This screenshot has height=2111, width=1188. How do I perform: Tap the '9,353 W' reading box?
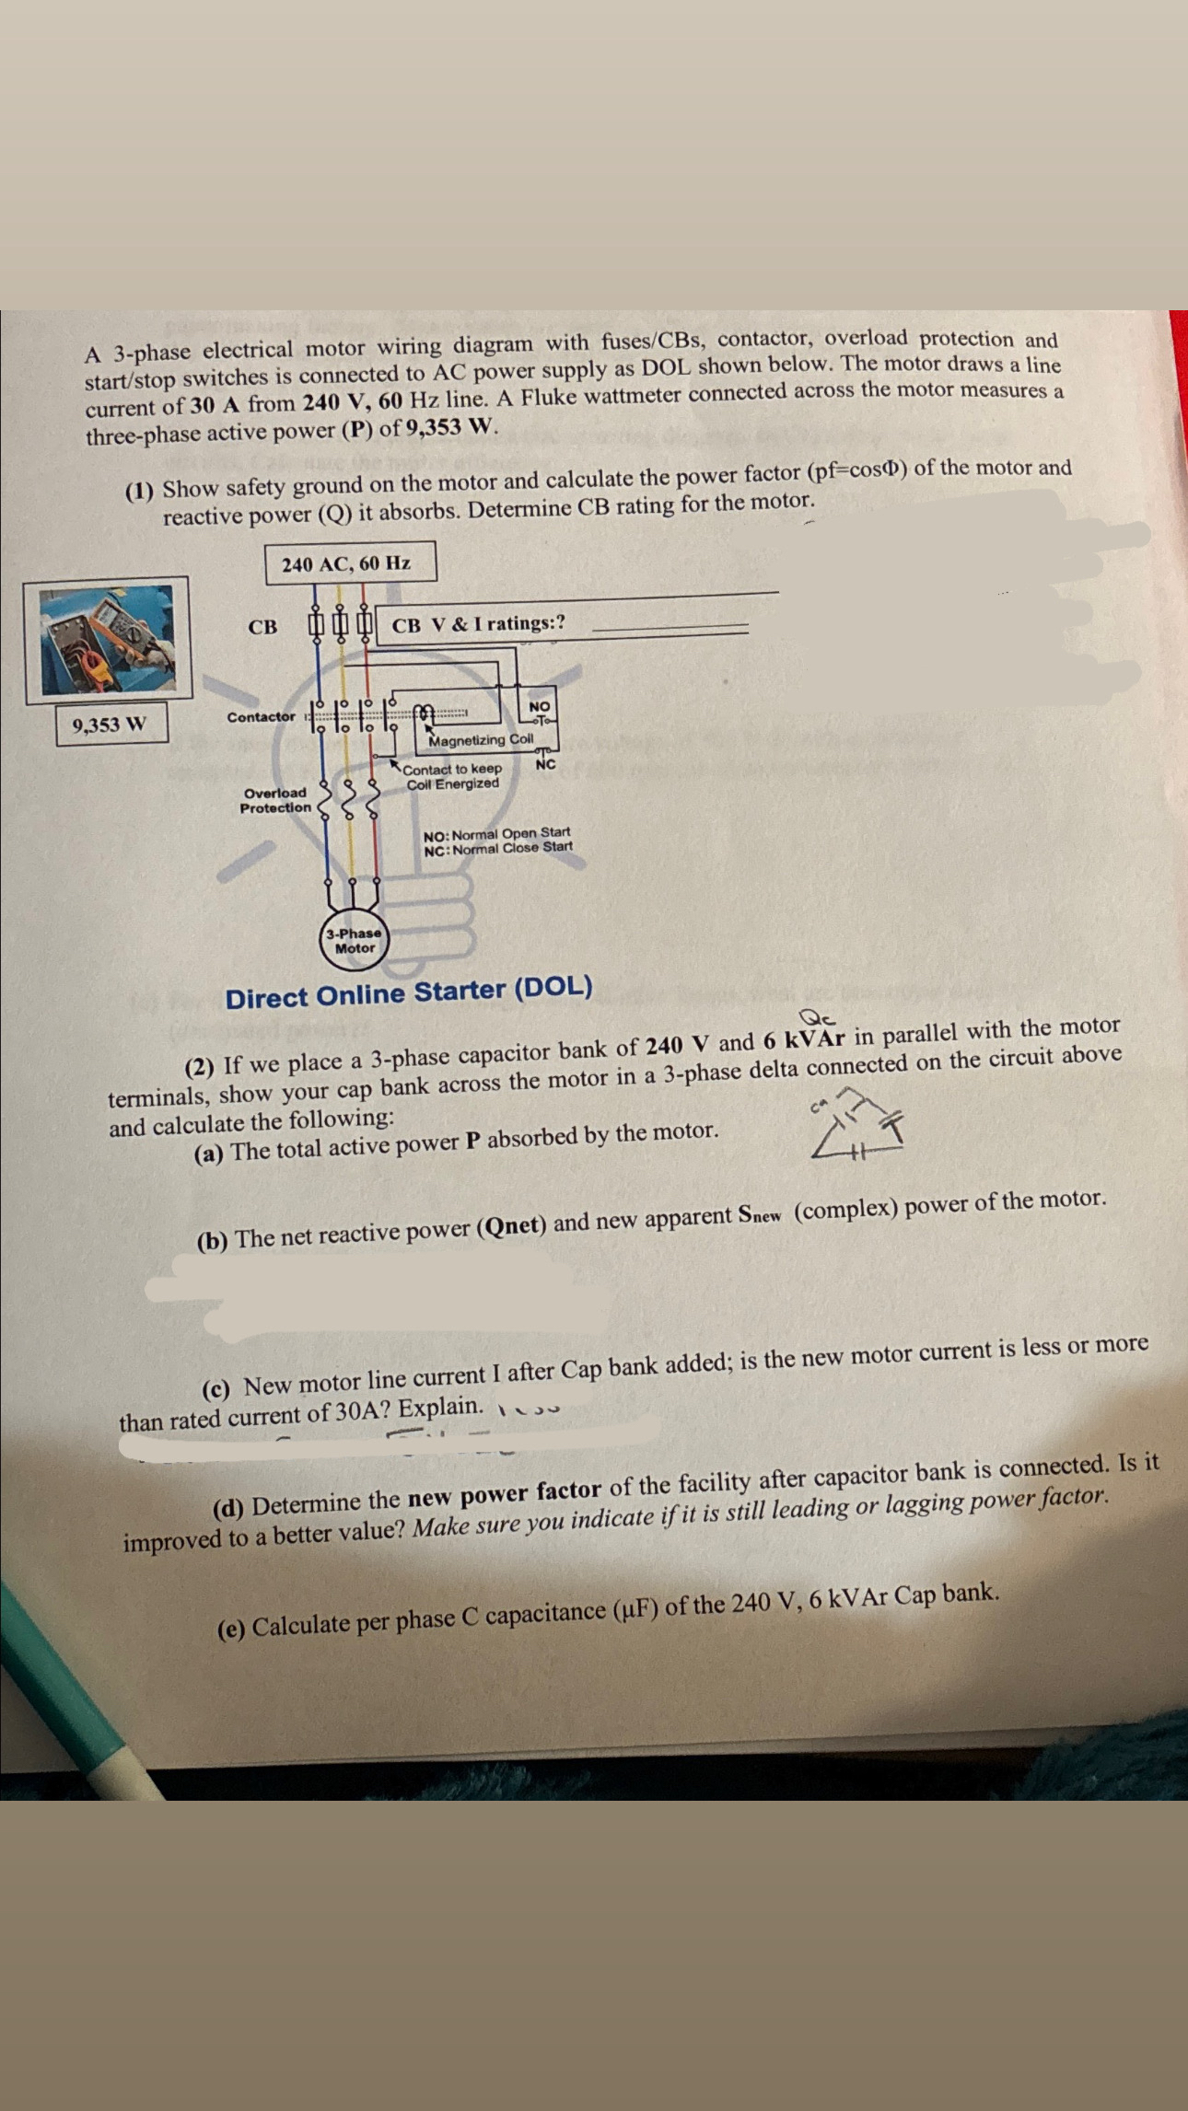click(111, 725)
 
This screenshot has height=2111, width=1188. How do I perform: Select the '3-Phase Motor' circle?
click(355, 940)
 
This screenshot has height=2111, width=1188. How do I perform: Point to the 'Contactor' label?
click(262, 717)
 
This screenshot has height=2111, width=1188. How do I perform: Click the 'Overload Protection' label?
click(275, 800)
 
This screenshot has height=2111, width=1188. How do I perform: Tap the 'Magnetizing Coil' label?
click(481, 740)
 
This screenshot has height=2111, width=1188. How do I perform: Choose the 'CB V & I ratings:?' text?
click(478, 624)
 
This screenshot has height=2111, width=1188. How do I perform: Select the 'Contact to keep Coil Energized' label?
click(453, 776)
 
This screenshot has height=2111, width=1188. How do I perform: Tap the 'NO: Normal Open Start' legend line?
click(496, 833)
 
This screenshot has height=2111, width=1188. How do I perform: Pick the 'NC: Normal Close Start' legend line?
click(497, 848)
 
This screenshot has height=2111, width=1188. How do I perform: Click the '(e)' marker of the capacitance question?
click(230, 1629)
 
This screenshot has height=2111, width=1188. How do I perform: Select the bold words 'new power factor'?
click(505, 1492)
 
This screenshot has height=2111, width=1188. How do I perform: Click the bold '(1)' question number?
click(140, 490)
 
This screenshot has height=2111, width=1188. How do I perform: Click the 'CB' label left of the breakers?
click(262, 627)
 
